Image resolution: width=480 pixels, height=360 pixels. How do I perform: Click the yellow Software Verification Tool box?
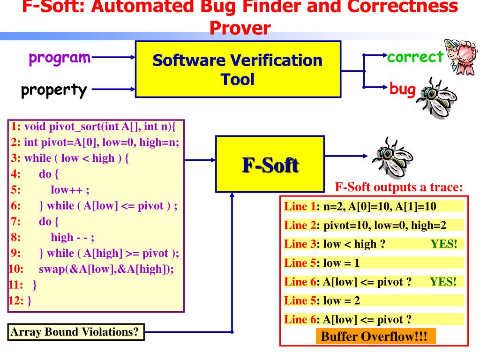pyautogui.click(x=238, y=69)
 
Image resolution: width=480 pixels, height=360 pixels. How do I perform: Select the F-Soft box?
pyautogui.click(x=270, y=164)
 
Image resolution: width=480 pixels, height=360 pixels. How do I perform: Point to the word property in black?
pyautogui.click(x=54, y=90)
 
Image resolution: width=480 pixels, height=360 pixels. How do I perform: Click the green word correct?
pyautogui.click(x=415, y=57)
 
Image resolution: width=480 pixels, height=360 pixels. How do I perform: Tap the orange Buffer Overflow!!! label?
pyautogui.click(x=375, y=337)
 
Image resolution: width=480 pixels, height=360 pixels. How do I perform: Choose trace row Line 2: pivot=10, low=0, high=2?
pyautogui.click(x=365, y=225)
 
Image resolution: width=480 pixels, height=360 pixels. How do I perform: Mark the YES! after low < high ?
pyautogui.click(x=443, y=244)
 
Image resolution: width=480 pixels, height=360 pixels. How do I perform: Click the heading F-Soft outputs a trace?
pyautogui.click(x=399, y=187)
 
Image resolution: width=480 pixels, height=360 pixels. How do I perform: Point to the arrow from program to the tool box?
pyautogui.click(x=114, y=58)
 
